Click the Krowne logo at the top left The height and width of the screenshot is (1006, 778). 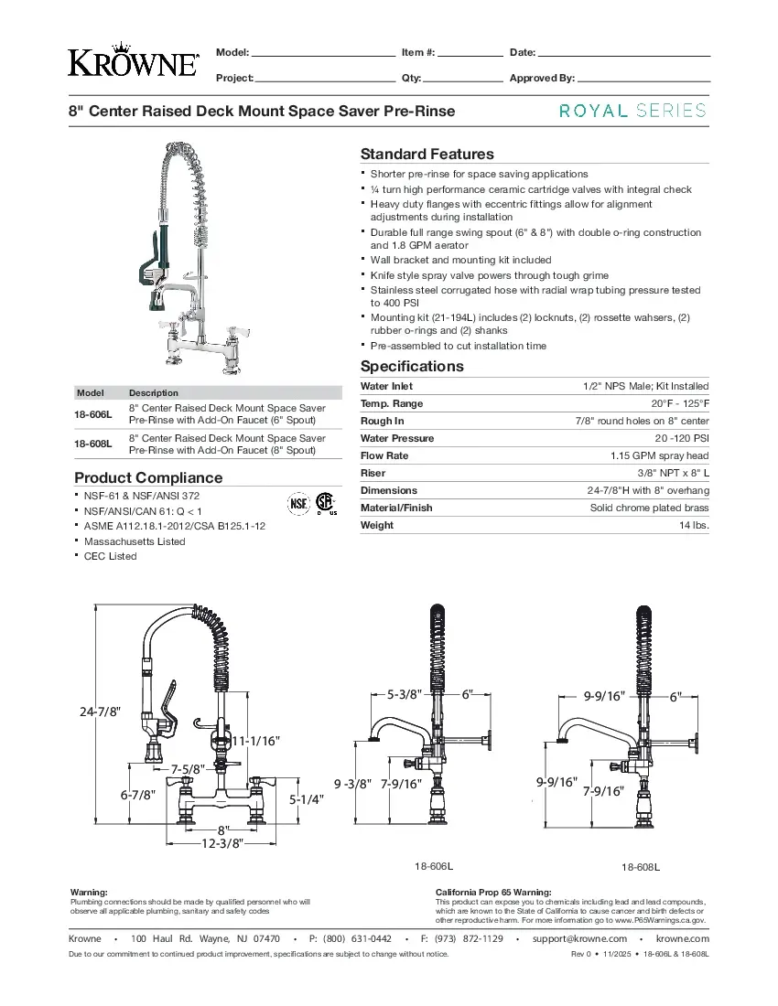point(133,61)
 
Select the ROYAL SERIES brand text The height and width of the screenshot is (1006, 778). point(632,111)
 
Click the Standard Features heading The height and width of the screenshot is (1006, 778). point(427,155)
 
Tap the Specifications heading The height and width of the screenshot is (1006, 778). point(412,367)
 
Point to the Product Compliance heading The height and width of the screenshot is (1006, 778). point(148,478)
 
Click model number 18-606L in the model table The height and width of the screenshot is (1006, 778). point(93,414)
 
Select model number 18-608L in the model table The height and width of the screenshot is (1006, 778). point(93,444)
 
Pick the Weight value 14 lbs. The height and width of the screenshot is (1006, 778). point(694,525)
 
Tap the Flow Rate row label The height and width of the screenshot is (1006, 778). point(384,455)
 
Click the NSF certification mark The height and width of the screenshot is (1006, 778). point(298,503)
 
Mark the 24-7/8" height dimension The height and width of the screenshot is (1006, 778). point(101,712)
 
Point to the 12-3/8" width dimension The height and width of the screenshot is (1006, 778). point(222,843)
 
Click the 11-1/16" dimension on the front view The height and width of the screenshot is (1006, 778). point(255,740)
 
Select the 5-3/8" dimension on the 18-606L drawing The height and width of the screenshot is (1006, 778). point(404,694)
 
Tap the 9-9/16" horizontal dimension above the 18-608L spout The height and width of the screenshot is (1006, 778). point(604,696)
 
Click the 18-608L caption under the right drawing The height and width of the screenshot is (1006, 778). point(641,867)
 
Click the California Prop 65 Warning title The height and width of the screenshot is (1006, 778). point(493,892)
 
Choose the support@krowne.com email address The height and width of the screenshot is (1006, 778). point(579,938)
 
